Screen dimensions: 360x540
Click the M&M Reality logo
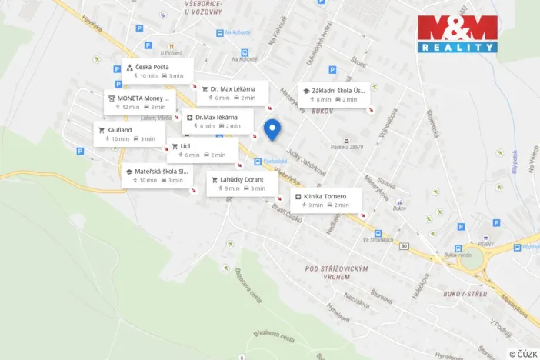pyautogui.click(x=458, y=34)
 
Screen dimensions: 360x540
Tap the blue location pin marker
pyautogui.click(x=272, y=129)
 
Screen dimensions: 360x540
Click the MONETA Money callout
pyautogui.click(x=140, y=102)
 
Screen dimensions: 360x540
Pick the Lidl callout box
pyautogui.click(x=202, y=150)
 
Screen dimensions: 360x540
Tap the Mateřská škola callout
pyautogui.click(x=156, y=175)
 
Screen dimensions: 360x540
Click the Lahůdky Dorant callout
pyautogui.click(x=242, y=183)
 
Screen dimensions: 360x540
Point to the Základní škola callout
pyautogui.click(x=334, y=94)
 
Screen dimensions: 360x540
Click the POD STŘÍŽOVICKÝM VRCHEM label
pyautogui.click(x=337, y=272)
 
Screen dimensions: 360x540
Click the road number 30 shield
pyautogui.click(x=403, y=246)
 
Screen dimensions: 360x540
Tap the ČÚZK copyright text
pyautogui.click(x=523, y=353)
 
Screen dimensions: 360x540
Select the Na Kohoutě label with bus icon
pyautogui.click(x=238, y=32)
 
